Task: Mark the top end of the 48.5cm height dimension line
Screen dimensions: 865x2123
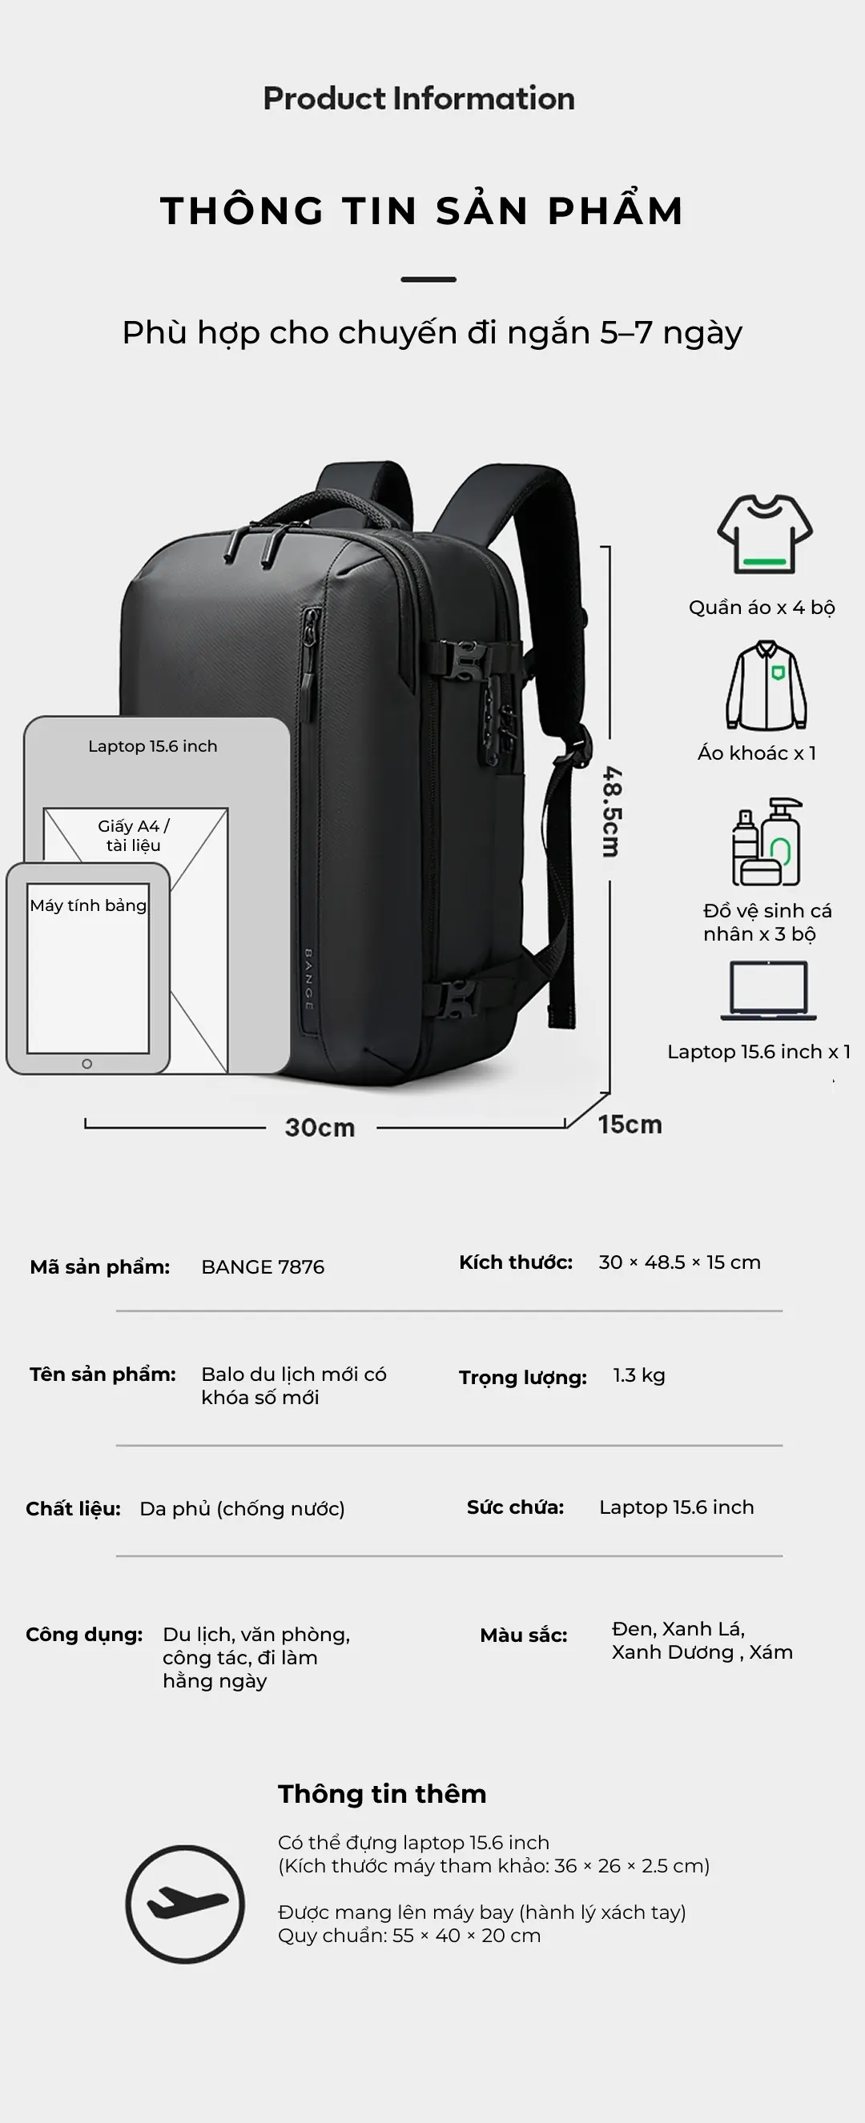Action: pyautogui.click(x=610, y=547)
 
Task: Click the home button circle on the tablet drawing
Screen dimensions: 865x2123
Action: pyautogui.click(x=86, y=1064)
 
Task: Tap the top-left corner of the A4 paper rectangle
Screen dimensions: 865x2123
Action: pyautogui.click(x=44, y=809)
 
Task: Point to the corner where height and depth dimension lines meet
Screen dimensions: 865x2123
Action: pyautogui.click(x=610, y=1094)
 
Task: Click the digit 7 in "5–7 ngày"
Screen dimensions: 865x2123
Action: pyautogui.click(x=643, y=332)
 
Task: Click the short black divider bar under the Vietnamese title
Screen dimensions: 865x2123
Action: pyautogui.click(x=428, y=279)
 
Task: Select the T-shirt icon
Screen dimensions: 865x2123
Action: pyautogui.click(x=764, y=534)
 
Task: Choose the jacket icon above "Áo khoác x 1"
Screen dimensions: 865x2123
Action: pyautogui.click(x=766, y=685)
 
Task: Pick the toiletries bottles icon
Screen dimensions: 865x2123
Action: pyautogui.click(x=766, y=841)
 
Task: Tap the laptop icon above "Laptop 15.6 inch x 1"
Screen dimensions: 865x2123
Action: pyautogui.click(x=768, y=990)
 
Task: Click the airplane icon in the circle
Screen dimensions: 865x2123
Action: pyautogui.click(x=186, y=1904)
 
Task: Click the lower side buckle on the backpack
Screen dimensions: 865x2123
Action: pyautogui.click(x=458, y=999)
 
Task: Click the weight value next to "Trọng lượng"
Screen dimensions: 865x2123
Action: pyautogui.click(x=639, y=1375)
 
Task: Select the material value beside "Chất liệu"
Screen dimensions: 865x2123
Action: pyautogui.click(x=243, y=1508)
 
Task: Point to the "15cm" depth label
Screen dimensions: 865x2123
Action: pyautogui.click(x=630, y=1124)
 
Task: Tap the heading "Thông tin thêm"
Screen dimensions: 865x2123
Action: pyautogui.click(x=382, y=1793)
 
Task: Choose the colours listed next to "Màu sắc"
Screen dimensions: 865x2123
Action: pyautogui.click(x=702, y=1640)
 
